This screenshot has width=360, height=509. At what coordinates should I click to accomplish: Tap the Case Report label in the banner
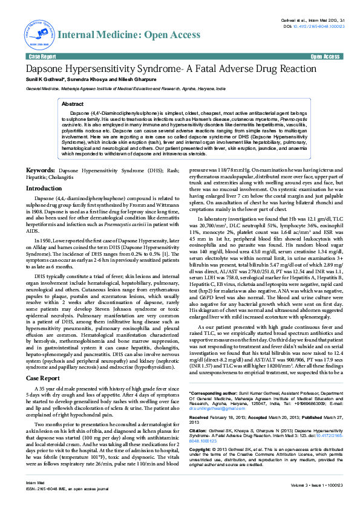(42, 56)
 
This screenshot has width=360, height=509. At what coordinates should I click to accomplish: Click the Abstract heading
(73, 104)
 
